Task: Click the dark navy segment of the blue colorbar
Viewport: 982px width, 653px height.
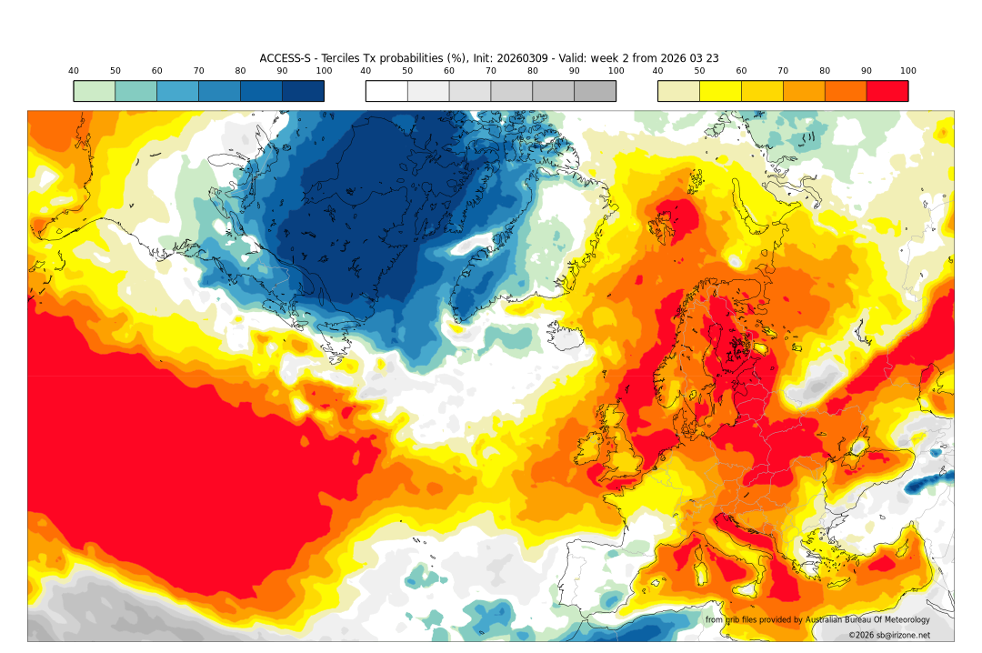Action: tap(303, 91)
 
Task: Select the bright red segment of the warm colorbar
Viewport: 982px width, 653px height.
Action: tap(887, 91)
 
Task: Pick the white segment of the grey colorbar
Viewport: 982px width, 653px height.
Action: tap(386, 91)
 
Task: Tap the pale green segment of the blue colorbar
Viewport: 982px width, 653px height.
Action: tap(95, 91)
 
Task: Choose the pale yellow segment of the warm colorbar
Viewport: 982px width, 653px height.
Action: tap(678, 91)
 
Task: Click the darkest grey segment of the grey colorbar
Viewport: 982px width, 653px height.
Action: tap(595, 91)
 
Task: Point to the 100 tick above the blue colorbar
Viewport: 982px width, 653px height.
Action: tap(324, 71)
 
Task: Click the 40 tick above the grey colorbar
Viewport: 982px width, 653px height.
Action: tap(366, 71)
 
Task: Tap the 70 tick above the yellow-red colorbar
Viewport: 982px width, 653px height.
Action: tap(783, 71)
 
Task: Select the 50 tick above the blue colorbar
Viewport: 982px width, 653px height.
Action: tap(115, 71)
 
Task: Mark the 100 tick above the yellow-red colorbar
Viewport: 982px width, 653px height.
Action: tap(907, 71)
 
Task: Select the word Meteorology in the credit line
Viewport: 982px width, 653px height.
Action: tap(901, 619)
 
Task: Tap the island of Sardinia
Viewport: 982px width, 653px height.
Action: tap(703, 574)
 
